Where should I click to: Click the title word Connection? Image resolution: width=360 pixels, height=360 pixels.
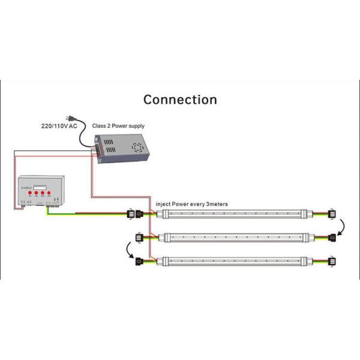tap(180, 100)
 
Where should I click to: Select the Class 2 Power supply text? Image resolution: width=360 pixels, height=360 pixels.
tap(118, 126)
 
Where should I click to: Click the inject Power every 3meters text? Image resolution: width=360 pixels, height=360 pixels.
tap(191, 204)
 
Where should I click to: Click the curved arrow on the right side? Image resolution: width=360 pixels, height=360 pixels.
tap(342, 226)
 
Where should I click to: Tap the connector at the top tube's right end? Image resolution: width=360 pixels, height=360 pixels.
tap(331, 214)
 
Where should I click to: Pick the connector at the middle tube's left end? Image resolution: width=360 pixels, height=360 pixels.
tap(142, 236)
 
